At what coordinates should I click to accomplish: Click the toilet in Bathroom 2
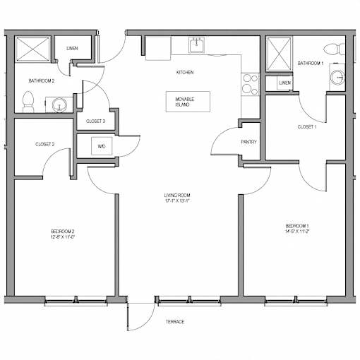28,102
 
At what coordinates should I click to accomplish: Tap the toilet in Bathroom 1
334,49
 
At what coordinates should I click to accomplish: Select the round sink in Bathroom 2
59,105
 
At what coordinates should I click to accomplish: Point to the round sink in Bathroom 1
337,78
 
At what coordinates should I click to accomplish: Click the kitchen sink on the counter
196,44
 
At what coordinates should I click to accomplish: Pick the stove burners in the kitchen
250,85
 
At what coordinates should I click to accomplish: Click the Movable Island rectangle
188,102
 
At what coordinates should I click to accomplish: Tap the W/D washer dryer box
102,146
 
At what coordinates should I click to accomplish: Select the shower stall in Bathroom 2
32,49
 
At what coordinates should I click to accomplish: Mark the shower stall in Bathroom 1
279,54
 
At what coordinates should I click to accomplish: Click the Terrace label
175,322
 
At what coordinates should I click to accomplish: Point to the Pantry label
248,142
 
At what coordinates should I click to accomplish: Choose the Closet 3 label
95,121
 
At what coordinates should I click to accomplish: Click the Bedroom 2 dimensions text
63,237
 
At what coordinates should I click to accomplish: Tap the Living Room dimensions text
177,200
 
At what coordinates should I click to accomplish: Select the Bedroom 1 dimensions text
297,232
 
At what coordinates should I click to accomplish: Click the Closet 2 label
45,144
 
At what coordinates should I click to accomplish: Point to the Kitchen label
185,72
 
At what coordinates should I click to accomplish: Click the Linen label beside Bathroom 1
285,83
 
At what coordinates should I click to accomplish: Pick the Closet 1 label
307,127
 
